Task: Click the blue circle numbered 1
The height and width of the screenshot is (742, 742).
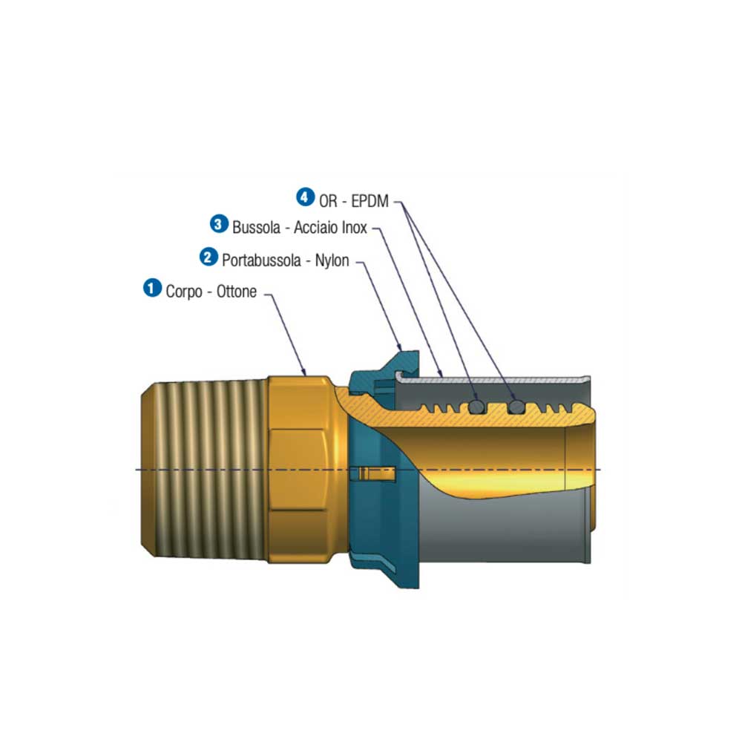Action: point(152,288)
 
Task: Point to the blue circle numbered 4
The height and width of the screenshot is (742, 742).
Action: point(305,197)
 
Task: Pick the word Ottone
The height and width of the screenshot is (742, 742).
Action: point(237,292)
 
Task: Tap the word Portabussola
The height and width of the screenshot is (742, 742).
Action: point(260,260)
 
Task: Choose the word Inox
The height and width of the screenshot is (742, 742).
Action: point(352,227)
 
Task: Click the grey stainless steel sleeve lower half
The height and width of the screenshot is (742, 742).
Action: point(505,534)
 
